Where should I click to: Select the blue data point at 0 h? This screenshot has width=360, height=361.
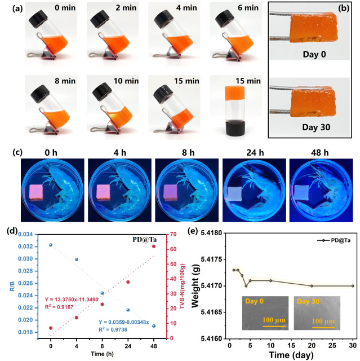51,245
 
